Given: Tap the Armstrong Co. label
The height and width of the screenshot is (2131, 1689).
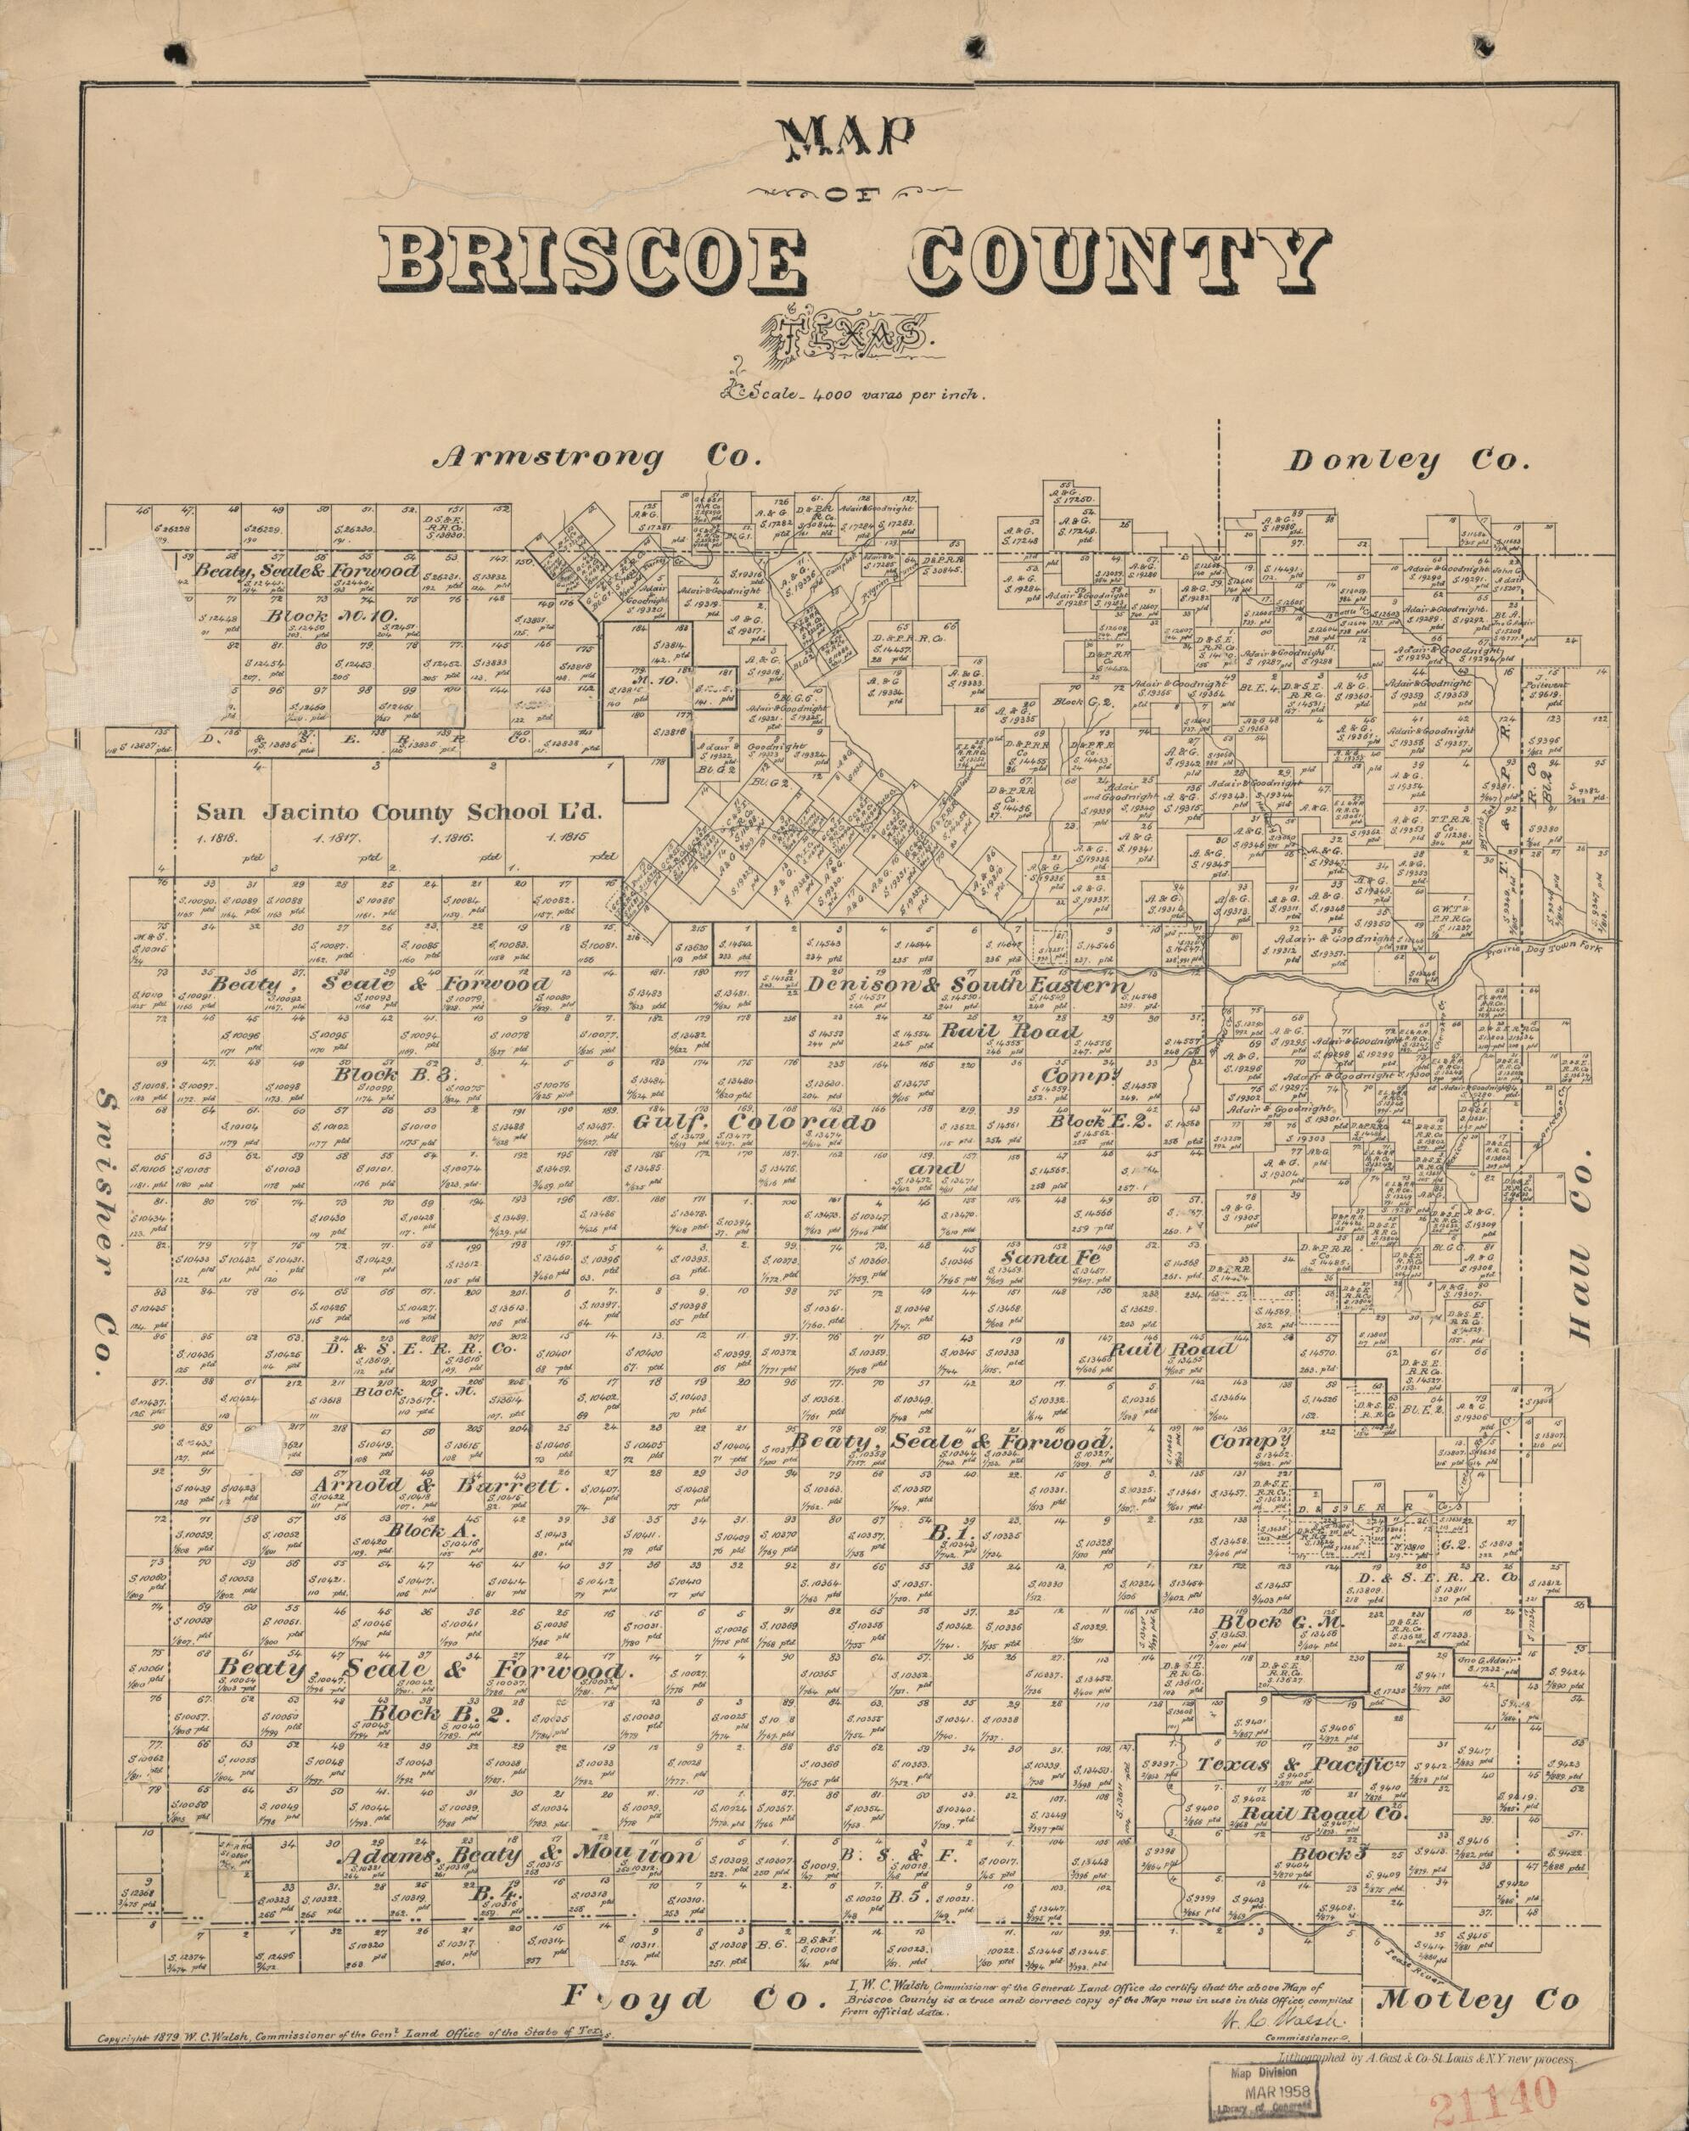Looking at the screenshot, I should click(599, 457).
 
